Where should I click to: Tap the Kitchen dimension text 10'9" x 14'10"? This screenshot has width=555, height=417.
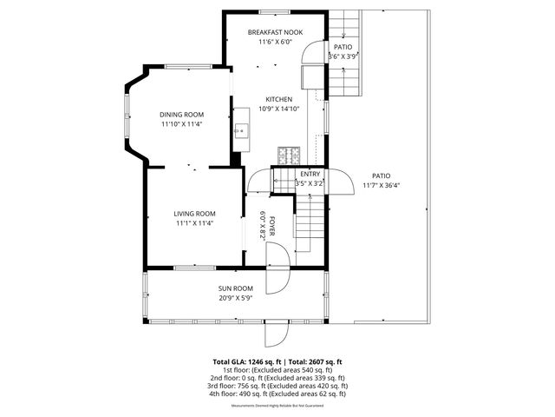click(279, 109)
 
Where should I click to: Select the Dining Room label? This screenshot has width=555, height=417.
click(181, 115)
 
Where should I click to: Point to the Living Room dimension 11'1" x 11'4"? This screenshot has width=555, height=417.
click(194, 223)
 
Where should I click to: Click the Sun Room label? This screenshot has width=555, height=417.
click(235, 288)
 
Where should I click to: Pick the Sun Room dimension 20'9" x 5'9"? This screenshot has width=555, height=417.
click(235, 298)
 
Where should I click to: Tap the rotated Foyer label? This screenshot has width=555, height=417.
click(271, 226)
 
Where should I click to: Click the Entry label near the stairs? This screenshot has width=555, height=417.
click(310, 175)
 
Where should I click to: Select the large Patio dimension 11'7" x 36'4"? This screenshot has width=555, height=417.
click(381, 184)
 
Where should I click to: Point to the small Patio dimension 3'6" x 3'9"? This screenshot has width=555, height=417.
click(343, 56)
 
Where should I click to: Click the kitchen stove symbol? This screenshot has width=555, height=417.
click(288, 156)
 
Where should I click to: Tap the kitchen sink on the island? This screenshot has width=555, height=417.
click(242, 130)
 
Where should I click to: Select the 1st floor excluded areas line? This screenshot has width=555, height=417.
click(277, 370)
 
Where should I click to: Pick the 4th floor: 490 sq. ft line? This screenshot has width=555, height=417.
click(277, 394)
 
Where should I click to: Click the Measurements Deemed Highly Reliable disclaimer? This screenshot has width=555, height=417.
click(277, 406)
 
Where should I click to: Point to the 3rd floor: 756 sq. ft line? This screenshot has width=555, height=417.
click(277, 386)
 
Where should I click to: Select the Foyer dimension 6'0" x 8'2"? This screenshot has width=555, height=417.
click(262, 226)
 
